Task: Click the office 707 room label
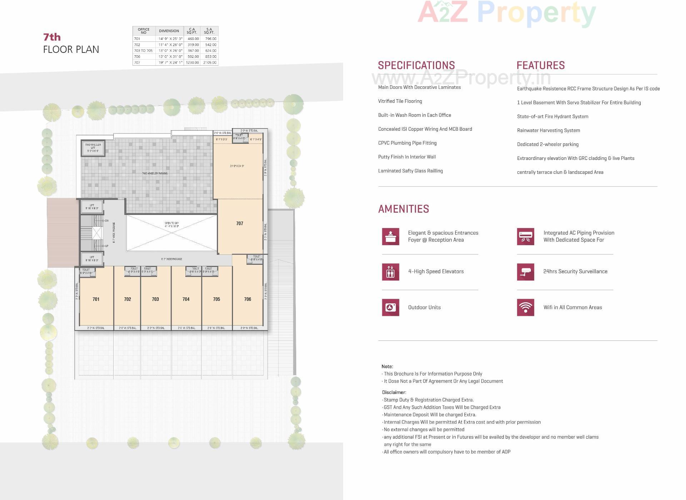coord(239,223)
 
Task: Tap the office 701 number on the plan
coord(96,299)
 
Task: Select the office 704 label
coord(186,299)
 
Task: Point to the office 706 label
coord(248,299)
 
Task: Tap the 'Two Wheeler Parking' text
coord(155,173)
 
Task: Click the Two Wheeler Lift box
coord(93,148)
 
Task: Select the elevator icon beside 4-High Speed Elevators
coord(391,272)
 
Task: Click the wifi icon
coord(526,307)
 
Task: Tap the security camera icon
coord(526,272)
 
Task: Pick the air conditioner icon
coord(526,236)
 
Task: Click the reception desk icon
coord(391,236)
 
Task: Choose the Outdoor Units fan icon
coord(391,307)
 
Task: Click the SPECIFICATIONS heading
coord(416,65)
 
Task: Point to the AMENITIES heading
coord(403,209)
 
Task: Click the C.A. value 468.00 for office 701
coord(193,39)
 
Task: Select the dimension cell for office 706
coord(170,56)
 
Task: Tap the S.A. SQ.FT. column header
coord(209,31)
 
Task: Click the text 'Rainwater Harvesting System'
coord(548,130)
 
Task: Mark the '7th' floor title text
coord(52,37)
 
